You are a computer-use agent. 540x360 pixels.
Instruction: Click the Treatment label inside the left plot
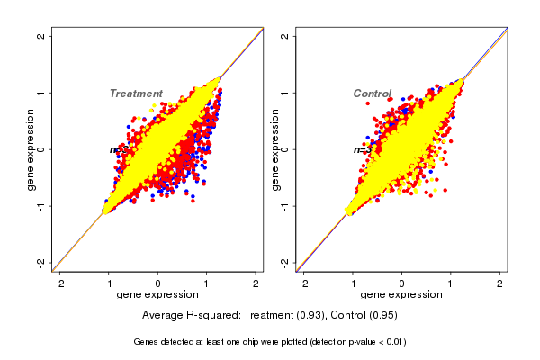136,94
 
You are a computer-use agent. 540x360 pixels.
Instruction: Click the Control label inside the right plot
372,94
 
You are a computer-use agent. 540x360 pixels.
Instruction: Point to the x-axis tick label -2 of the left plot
60,283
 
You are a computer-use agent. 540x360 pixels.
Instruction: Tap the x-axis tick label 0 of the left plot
158,283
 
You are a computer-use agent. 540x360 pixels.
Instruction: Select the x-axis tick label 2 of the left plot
256,283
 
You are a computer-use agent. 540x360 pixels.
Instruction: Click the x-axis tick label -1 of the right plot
353,283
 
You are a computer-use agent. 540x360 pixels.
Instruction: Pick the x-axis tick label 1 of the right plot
451,283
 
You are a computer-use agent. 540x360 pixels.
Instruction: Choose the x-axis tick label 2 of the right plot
499,283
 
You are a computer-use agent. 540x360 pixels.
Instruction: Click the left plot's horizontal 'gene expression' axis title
157,295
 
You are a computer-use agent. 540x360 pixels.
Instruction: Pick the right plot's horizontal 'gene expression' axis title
401,295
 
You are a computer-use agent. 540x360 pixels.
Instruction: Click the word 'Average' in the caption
165,316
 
